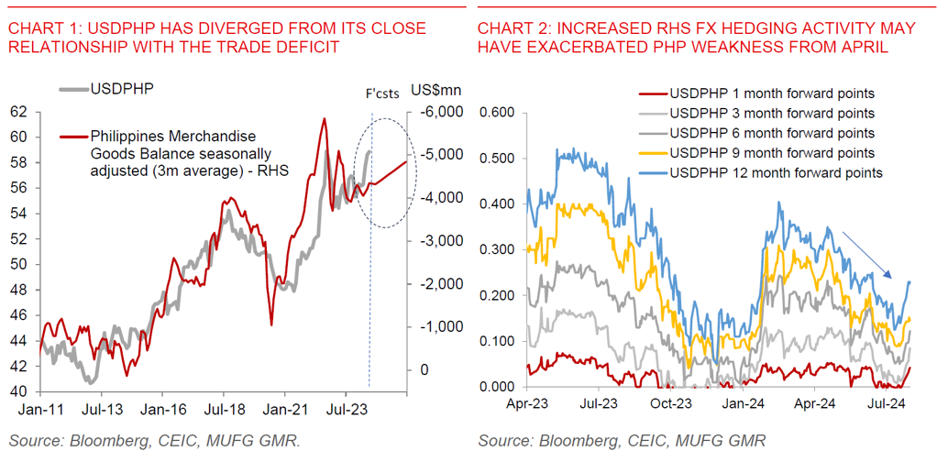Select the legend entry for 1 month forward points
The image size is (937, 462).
coord(771,93)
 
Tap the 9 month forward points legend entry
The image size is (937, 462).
coord(771,152)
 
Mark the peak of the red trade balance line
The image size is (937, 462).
coord(324,118)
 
